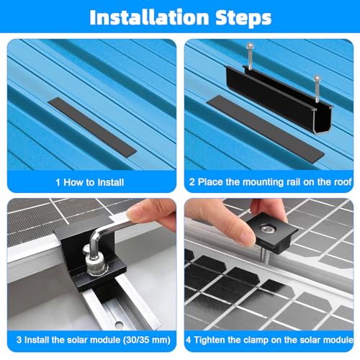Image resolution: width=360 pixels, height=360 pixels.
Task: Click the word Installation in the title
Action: pos(149,17)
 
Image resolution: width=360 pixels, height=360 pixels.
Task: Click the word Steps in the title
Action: pos(243,18)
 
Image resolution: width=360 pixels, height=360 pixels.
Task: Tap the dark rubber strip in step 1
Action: pos(92,127)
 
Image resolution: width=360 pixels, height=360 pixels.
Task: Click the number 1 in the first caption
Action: pos(58,182)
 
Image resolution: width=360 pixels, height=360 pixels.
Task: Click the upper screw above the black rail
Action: pos(250,56)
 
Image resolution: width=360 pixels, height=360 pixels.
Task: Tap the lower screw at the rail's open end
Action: pos(317,89)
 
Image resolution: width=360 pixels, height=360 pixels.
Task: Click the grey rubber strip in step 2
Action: pos(266,128)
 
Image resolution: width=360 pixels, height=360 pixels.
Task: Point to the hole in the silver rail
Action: pos(119,325)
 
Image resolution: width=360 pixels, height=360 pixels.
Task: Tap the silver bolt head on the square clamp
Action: pos(268,230)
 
